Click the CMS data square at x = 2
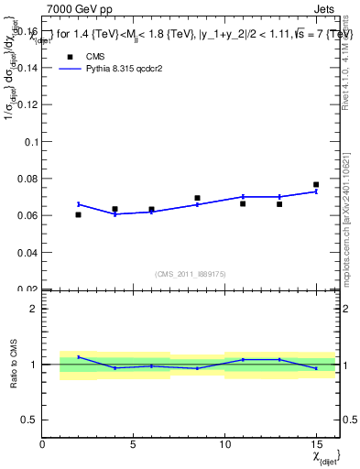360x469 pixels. (79, 214)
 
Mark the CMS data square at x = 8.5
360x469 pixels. (197, 198)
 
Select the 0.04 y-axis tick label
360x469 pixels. (28, 252)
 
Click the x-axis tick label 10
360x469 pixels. (224, 445)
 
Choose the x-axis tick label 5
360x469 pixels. (134, 445)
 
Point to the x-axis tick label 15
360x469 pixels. (316, 445)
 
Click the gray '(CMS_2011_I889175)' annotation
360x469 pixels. (191, 273)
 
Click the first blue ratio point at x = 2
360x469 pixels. (79, 357)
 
